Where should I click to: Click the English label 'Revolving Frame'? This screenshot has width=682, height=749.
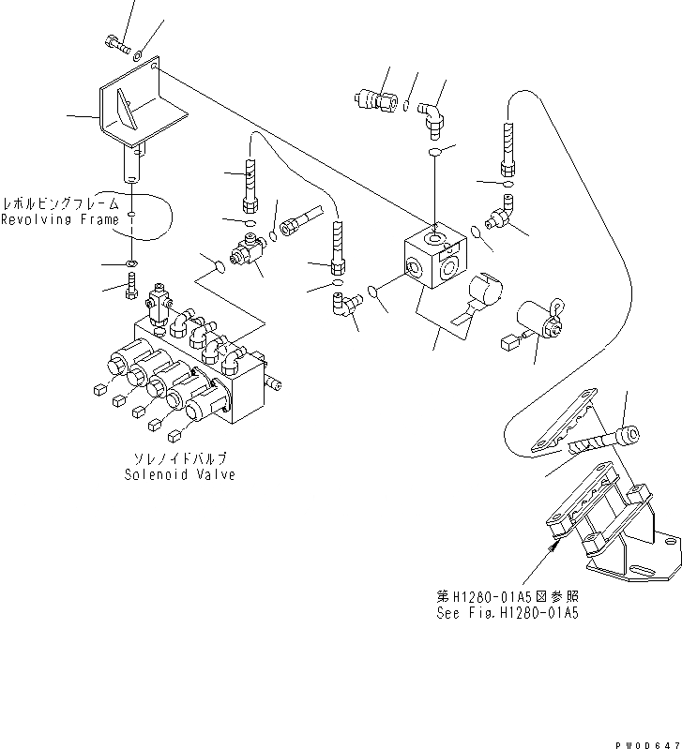tap(60, 220)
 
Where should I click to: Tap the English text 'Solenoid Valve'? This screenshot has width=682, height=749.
tap(179, 474)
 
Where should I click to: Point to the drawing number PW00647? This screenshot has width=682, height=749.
tap(646, 742)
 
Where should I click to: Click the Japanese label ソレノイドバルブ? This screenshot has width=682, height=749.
tap(179, 459)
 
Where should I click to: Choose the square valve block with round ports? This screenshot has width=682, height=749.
tap(433, 255)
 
